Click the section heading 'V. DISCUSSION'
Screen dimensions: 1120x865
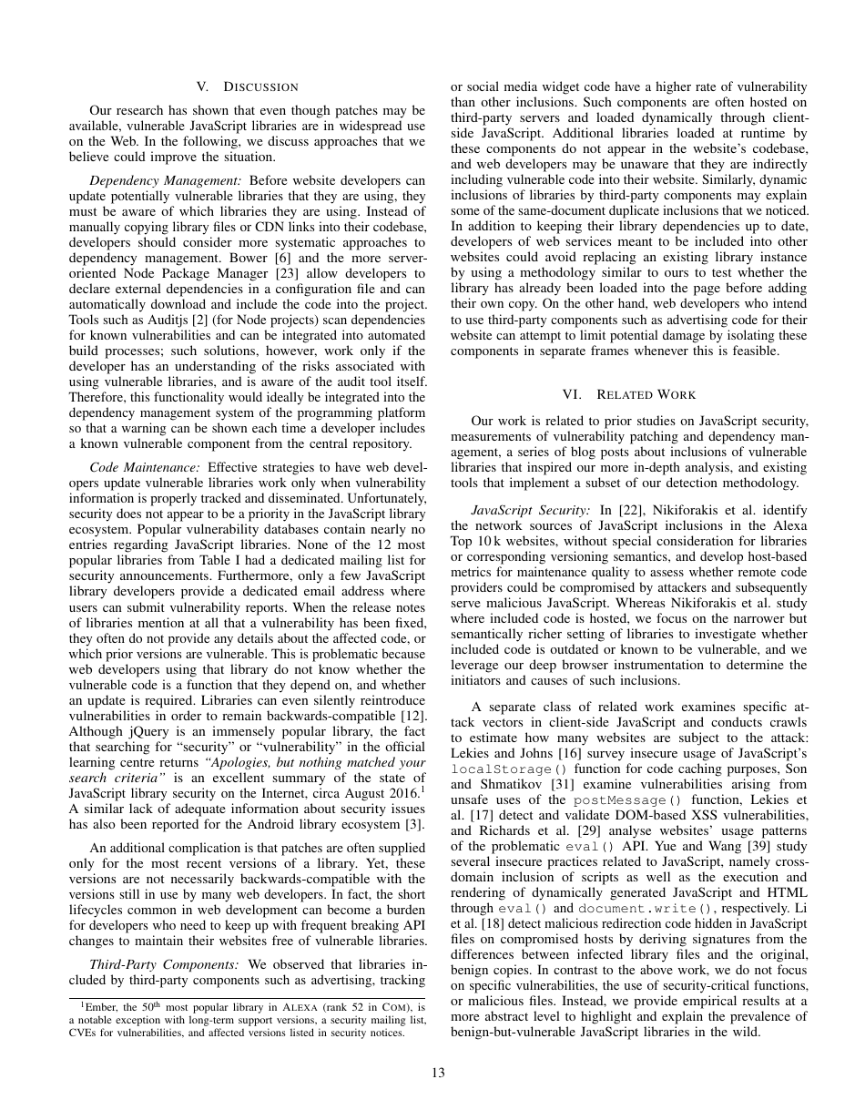point(247,87)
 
